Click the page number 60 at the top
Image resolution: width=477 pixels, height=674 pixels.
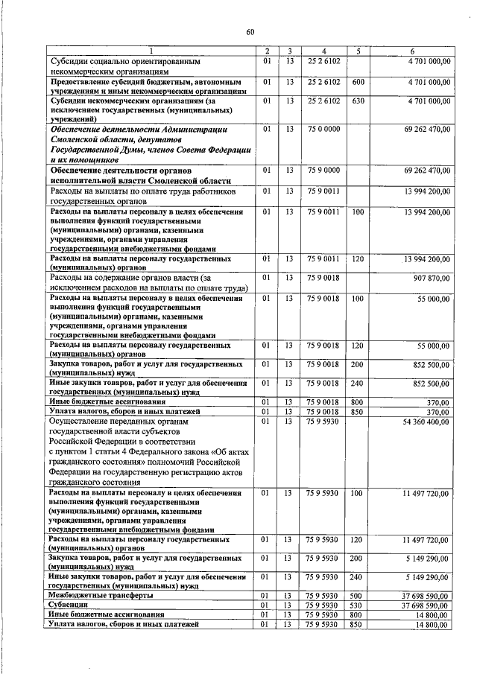click(250, 31)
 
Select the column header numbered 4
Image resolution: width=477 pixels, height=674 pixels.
click(324, 51)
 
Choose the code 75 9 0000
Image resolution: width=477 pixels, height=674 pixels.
click(324, 171)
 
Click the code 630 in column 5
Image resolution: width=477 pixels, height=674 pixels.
click(358, 101)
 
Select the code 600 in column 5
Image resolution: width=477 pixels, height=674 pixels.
click(358, 80)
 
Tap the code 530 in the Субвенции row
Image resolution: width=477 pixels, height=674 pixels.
click(358, 605)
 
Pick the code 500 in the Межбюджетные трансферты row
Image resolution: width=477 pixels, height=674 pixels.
click(358, 596)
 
